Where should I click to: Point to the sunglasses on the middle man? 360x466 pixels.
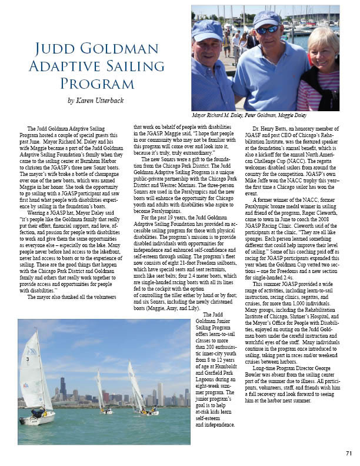click(267, 29)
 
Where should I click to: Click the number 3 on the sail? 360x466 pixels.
click(28, 358)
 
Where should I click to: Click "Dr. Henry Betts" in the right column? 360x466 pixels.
click(271, 128)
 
